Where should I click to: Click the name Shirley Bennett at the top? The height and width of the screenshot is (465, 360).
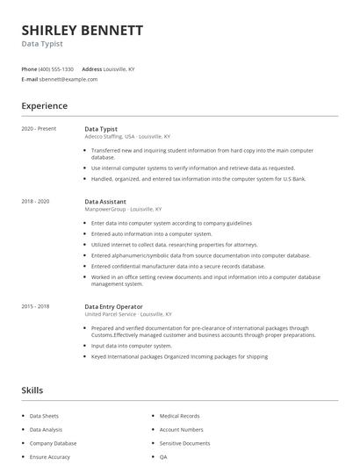click(82, 30)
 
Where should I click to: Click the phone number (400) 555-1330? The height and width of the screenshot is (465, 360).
click(56, 68)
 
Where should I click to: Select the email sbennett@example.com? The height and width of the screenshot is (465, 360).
click(68, 79)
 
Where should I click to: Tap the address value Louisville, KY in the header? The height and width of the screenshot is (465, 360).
click(119, 68)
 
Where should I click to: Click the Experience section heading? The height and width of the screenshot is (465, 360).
click(44, 106)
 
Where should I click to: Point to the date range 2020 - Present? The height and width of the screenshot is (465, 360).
click(39, 129)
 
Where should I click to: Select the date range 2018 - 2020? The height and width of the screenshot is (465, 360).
click(35, 202)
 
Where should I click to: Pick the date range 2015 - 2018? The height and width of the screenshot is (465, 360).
click(35, 306)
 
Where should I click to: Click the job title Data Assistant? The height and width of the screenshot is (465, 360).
click(105, 202)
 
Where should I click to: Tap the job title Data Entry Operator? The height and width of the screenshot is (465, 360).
click(114, 306)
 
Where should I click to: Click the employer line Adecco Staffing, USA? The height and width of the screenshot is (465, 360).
click(110, 137)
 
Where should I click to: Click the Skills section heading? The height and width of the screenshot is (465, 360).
click(32, 390)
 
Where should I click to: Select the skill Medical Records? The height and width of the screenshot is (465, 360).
click(179, 416)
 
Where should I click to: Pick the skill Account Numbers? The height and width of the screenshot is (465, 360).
click(181, 430)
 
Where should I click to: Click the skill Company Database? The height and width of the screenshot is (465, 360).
click(53, 444)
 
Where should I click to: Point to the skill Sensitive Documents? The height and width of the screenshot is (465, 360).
click(184, 444)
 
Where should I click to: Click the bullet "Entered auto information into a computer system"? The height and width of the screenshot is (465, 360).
click(152, 234)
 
